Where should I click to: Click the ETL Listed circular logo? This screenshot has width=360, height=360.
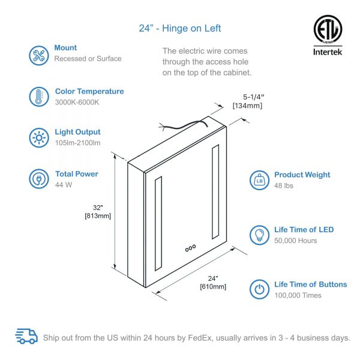328,29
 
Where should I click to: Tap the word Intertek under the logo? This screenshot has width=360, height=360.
328,52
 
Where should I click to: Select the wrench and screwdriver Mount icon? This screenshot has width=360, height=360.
39,55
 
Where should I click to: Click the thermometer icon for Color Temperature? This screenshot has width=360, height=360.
39,97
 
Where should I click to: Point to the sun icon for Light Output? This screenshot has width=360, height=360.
39,138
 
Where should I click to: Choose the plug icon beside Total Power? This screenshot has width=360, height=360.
39,179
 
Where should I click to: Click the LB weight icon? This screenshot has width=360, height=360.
259,180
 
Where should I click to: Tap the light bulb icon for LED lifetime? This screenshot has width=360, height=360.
259,235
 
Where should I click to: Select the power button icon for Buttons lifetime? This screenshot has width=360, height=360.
259,289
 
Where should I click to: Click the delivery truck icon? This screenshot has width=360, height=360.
26,336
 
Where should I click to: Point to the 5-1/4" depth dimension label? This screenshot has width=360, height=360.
253,97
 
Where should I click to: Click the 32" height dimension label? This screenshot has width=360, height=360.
98,208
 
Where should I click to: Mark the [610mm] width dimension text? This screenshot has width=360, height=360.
213,287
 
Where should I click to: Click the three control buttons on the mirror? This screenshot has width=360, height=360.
190,248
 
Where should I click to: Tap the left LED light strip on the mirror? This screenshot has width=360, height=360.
158,224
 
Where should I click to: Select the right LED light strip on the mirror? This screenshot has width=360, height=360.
215,192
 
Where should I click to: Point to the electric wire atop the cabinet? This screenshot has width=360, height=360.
184,125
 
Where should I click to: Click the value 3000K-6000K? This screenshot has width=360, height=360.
77,102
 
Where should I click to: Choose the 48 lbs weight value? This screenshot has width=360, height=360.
284,185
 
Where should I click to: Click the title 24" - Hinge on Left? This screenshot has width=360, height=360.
180,28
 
